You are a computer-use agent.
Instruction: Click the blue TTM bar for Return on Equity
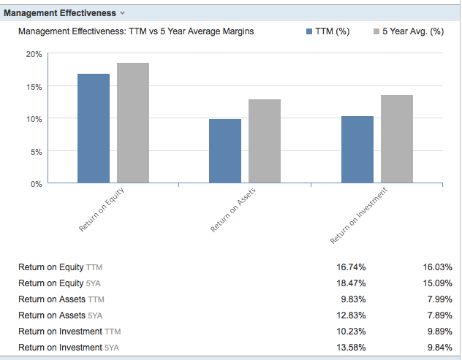tap(94, 128)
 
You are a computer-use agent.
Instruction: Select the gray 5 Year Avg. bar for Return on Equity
tap(133, 123)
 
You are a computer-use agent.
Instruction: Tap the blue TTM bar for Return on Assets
tap(225, 150)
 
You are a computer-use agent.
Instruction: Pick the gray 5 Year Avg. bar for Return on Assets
tap(265, 141)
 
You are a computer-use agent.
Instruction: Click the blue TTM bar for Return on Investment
tap(357, 149)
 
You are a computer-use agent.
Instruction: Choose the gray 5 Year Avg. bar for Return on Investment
tap(397, 139)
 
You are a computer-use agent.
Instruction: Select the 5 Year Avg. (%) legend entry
tap(409, 32)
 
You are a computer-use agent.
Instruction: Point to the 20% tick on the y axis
tap(34, 55)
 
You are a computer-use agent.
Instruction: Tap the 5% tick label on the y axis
tap(36, 151)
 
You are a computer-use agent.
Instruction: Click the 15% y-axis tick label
tap(34, 87)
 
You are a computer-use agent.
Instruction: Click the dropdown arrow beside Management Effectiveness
tap(123, 13)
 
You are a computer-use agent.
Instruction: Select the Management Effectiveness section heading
tap(60, 13)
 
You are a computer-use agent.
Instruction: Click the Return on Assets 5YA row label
tap(61, 315)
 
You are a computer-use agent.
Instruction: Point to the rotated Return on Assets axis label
tap(234, 210)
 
